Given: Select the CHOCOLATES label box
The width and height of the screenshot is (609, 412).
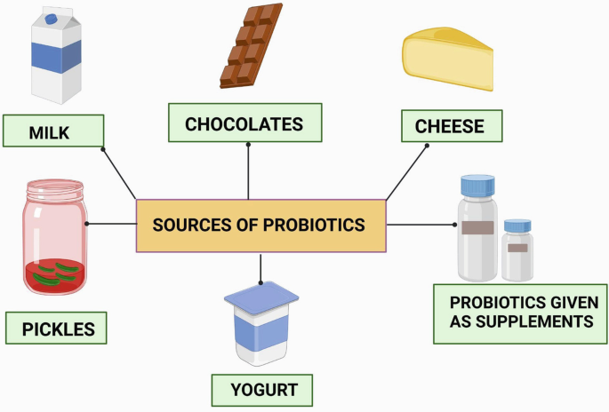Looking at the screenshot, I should point(244,123).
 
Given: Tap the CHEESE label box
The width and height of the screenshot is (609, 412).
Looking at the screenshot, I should point(451,126).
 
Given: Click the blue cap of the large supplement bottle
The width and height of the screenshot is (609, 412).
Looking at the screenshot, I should point(477,186).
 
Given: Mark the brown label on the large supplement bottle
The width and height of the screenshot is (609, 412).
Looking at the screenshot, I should point(477,227).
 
